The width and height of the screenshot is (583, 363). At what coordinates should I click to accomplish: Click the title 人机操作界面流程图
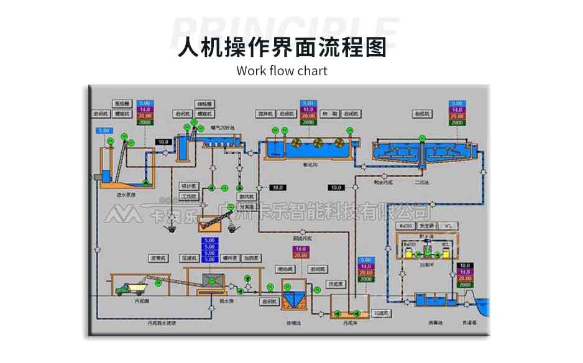click(282, 47)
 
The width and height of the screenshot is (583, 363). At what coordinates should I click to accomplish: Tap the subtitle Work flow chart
click(282, 70)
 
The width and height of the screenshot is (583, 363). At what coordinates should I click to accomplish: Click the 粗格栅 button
click(122, 103)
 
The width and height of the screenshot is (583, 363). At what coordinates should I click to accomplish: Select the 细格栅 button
click(204, 103)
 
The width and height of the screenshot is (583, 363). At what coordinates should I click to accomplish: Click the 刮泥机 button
click(423, 114)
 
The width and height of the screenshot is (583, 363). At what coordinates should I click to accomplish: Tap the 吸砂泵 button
click(188, 185)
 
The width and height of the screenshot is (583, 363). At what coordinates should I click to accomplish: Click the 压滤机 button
click(188, 257)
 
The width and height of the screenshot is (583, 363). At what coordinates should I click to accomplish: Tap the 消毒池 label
click(435, 323)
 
